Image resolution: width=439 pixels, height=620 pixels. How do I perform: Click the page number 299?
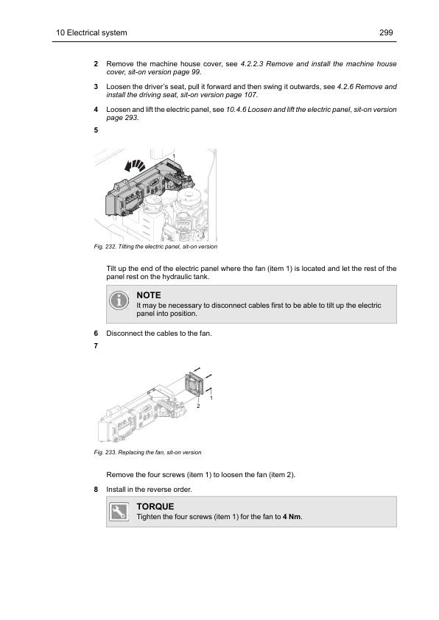[x=386, y=33]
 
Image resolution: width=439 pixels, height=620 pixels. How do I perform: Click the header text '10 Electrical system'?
[x=91, y=33]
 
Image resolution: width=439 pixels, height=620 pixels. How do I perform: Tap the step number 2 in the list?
[x=96, y=64]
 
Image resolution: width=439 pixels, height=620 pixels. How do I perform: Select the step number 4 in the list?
[x=96, y=110]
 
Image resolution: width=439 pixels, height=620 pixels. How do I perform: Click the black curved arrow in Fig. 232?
[x=135, y=165]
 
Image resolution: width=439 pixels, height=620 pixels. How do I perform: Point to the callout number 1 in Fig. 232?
[x=174, y=157]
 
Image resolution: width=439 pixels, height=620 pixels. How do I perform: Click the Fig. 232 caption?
[x=155, y=247]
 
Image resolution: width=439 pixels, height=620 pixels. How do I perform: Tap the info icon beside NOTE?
[x=119, y=300]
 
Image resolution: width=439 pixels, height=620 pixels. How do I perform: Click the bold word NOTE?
[x=149, y=295]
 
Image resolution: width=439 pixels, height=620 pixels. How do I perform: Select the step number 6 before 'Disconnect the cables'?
[x=96, y=334]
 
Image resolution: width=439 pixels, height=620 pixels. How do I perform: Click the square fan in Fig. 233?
[x=194, y=383]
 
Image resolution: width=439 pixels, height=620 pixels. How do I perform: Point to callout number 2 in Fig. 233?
[x=199, y=406]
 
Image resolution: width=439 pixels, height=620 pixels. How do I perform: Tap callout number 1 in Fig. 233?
[x=211, y=398]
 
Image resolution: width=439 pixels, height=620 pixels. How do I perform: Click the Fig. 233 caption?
[x=147, y=452]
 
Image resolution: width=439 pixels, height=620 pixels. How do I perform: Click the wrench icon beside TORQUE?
[x=119, y=512]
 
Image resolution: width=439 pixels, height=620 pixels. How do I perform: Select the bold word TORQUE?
[x=155, y=507]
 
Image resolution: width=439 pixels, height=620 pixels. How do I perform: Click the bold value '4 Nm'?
[x=292, y=517]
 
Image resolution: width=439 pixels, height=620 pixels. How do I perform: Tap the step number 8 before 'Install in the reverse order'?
[x=96, y=490]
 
